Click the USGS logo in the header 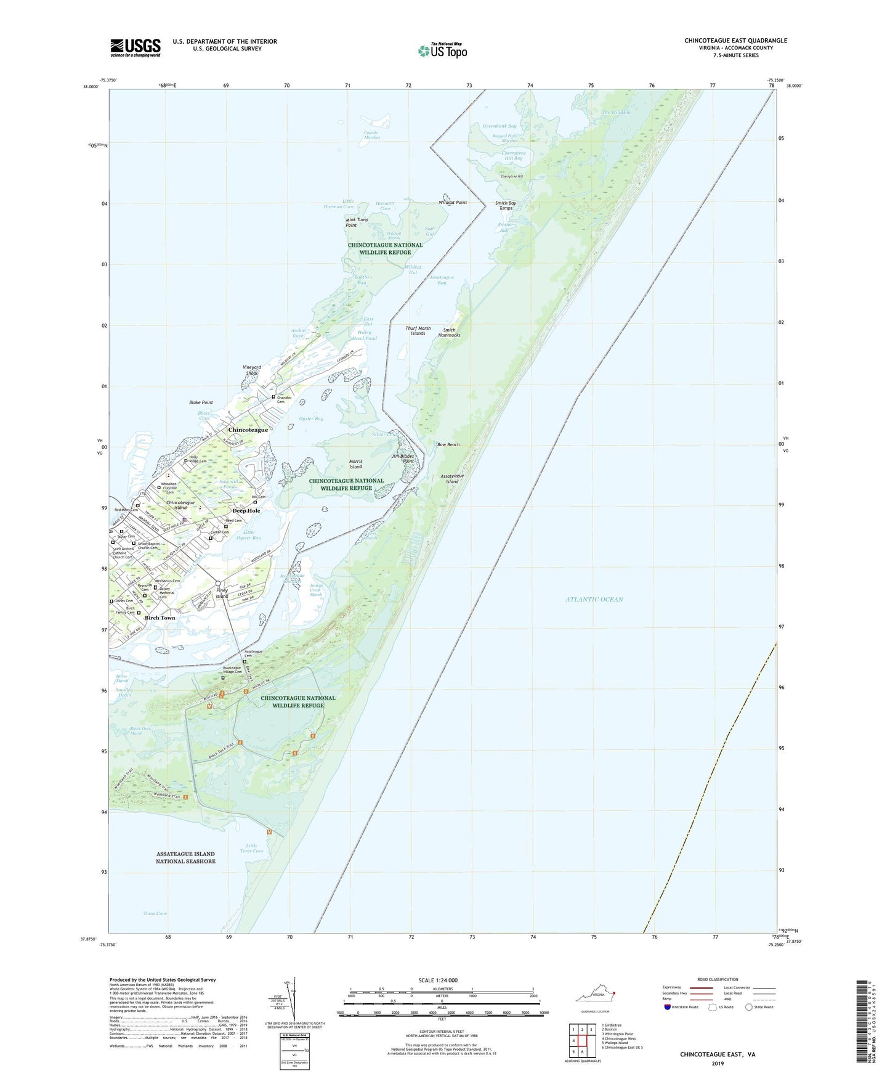(x=136, y=47)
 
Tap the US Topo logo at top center (x=443, y=50)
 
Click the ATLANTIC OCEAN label (x=594, y=599)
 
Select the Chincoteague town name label (x=248, y=430)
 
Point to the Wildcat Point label (x=452, y=203)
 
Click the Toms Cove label (x=155, y=913)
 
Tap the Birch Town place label (x=160, y=617)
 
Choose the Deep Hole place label (x=246, y=510)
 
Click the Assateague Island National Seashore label (x=185, y=857)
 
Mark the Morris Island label (x=356, y=464)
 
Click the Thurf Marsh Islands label (x=418, y=330)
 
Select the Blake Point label (x=201, y=402)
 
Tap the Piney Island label (x=222, y=593)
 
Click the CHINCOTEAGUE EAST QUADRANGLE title (x=735, y=41)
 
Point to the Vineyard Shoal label (x=251, y=370)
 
